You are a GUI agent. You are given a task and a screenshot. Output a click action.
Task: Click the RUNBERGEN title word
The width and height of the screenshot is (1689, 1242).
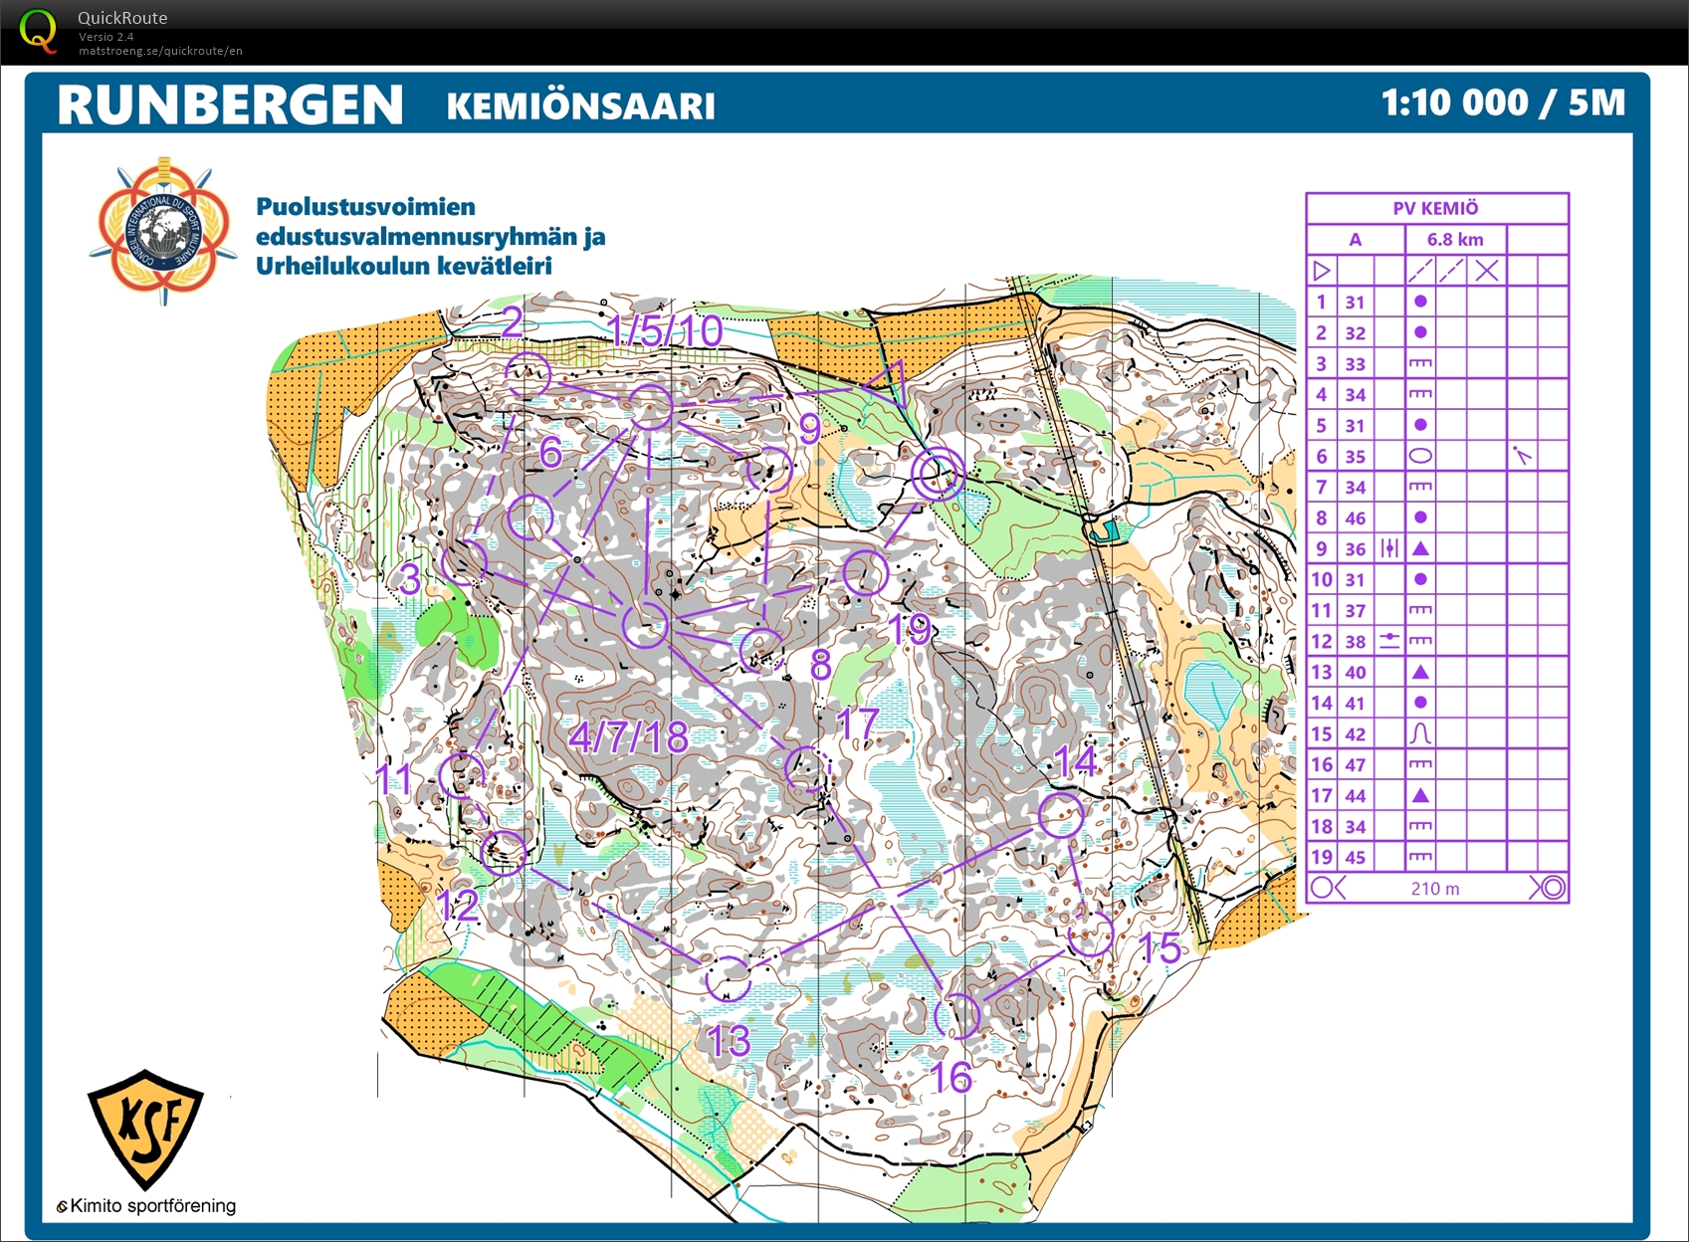click(230, 104)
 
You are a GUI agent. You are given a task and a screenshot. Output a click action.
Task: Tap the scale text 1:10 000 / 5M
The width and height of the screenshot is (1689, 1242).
click(1502, 103)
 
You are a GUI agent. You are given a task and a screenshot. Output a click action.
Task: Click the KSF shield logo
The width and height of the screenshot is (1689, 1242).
click(146, 1129)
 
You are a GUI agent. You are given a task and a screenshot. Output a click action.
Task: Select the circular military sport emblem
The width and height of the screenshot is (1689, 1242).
click(163, 230)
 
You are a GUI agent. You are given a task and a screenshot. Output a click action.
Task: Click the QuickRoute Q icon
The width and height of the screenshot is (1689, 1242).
click(38, 31)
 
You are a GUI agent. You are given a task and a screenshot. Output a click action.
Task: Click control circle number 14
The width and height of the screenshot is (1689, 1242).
click(1061, 815)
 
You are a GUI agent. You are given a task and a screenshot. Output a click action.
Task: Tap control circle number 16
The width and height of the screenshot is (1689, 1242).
click(957, 1015)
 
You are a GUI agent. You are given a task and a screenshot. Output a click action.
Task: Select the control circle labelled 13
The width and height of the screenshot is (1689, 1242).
click(728, 977)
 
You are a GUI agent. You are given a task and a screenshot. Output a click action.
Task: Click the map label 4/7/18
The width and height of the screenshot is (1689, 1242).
click(628, 737)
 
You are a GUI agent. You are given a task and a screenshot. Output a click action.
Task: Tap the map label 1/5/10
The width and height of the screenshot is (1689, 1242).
click(664, 331)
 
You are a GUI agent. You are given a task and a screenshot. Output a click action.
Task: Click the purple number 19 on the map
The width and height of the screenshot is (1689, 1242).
click(910, 629)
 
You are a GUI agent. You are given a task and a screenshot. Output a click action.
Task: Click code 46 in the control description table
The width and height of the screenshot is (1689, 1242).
click(1355, 518)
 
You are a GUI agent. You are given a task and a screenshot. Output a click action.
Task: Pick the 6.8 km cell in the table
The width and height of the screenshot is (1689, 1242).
click(1454, 240)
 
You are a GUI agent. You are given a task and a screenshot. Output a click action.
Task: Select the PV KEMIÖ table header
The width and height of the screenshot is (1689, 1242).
click(1435, 208)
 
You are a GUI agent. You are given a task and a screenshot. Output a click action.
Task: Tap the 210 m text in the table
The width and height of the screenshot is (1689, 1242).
click(1434, 889)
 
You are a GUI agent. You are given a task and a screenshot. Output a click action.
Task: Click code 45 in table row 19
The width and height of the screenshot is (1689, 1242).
click(1355, 858)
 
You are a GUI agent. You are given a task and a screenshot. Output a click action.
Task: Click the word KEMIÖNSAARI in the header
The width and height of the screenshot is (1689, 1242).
click(580, 106)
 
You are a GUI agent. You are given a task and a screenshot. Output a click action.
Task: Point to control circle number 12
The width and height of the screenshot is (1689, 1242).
click(504, 852)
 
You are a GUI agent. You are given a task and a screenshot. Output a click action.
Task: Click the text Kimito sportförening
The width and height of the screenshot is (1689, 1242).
click(152, 1206)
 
